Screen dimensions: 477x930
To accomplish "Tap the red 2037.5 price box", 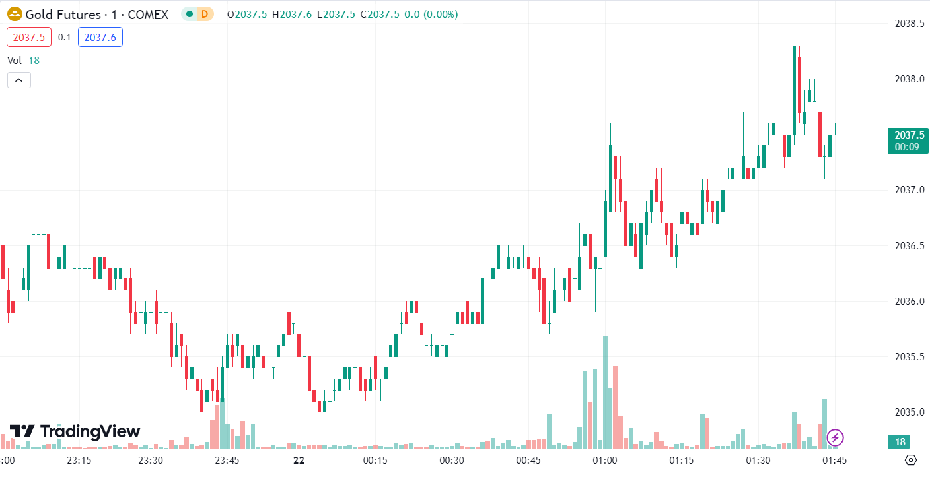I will point(29,38).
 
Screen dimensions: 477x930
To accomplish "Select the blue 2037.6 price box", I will point(100,38).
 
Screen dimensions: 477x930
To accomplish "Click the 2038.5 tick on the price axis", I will point(910,23).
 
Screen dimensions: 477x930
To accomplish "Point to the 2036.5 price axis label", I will point(910,246).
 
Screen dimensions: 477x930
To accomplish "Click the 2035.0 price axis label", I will point(910,412).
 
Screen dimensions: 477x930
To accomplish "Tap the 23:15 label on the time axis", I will point(79,460).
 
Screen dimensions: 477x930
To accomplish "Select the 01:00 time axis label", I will point(605,460).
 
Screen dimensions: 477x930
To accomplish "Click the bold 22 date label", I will point(299,460).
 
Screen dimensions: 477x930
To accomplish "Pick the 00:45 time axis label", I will point(528,460).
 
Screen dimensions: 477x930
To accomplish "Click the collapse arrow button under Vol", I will point(19,80).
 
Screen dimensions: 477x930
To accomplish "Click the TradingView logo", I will point(75,431).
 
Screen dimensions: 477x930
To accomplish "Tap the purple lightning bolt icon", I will point(835,437).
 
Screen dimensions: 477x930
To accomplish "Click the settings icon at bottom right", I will point(911,460).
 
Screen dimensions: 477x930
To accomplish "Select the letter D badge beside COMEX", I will point(205,14).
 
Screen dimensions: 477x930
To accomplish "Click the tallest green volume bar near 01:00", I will point(605,393).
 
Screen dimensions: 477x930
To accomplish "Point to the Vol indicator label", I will point(15,60).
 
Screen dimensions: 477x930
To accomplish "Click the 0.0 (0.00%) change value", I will point(430,14).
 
